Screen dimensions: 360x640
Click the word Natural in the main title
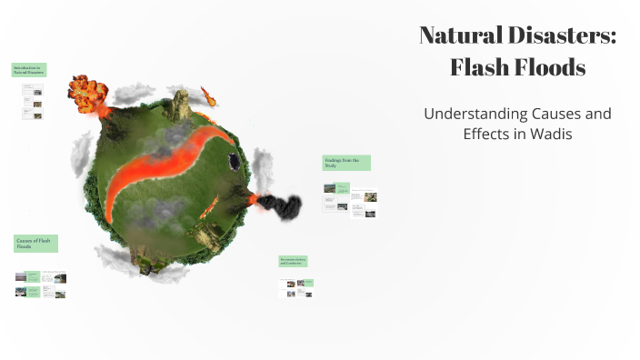462,36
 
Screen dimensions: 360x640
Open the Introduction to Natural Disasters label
29,69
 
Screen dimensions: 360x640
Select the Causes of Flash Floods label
35,243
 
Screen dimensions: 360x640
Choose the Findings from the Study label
345,163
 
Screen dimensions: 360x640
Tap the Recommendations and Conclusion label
293,261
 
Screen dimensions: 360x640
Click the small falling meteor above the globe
208,94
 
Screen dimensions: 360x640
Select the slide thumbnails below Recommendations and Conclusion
296,287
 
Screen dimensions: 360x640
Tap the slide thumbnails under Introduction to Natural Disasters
33,100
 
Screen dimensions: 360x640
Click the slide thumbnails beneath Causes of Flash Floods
41,284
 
